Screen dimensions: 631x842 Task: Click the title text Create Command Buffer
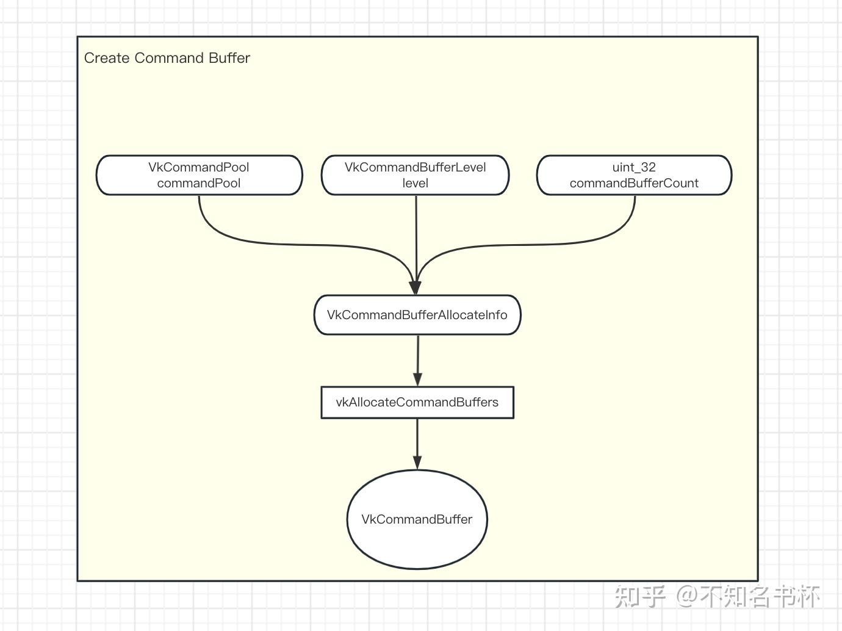[x=167, y=58]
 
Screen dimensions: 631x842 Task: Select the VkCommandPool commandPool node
[x=199, y=175]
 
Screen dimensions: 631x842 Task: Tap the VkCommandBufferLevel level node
[x=415, y=175]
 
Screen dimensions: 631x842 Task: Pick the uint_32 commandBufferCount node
[x=634, y=175]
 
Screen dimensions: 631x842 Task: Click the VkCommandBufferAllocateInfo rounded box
[x=417, y=315]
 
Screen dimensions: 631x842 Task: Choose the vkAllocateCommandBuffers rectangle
[x=417, y=402]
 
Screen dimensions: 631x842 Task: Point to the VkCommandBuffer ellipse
[x=417, y=519]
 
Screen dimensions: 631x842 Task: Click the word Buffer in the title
[x=229, y=58]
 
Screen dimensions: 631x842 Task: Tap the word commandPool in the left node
[x=199, y=183]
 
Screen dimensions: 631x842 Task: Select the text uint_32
[x=634, y=167]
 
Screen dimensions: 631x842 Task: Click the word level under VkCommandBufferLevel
[x=415, y=183]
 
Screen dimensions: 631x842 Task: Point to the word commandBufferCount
[x=634, y=183]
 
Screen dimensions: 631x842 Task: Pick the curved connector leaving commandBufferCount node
[x=549, y=245]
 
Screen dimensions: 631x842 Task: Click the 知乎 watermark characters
[x=639, y=596]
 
